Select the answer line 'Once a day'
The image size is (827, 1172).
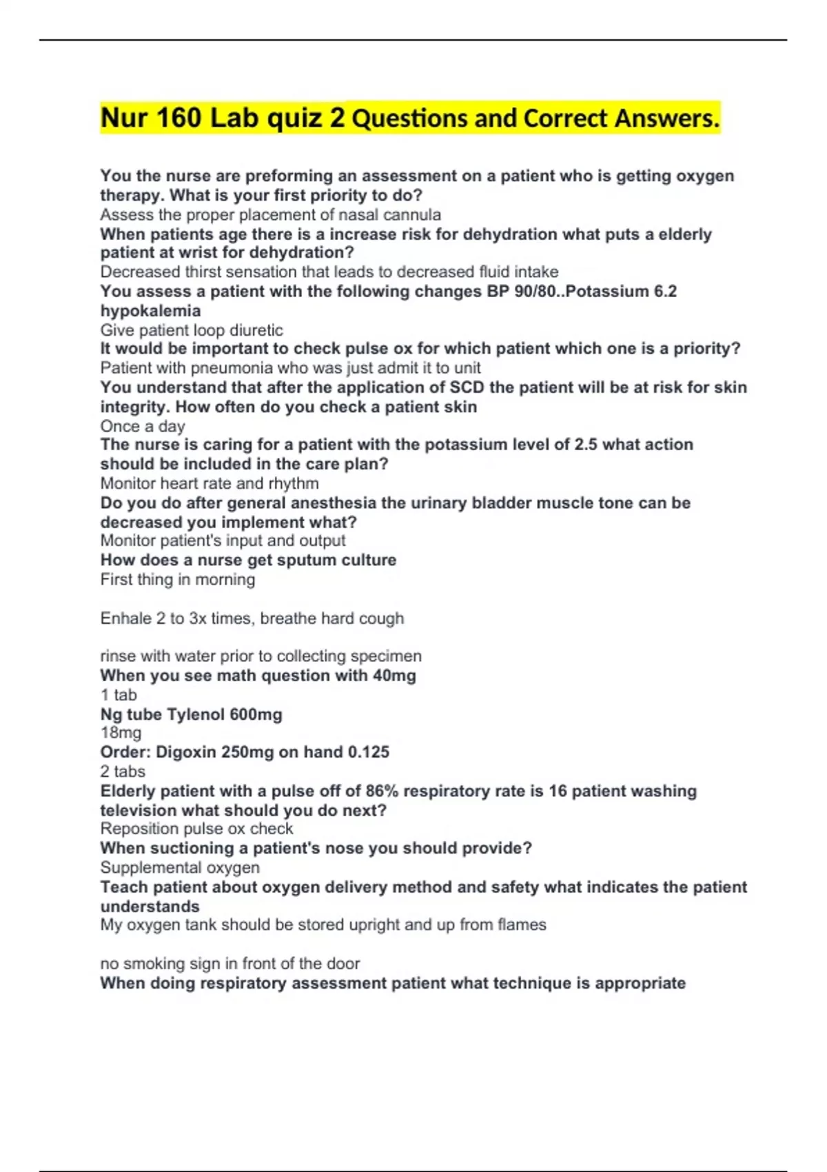143,426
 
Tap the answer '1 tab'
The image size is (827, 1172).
119,695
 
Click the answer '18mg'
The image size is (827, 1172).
121,733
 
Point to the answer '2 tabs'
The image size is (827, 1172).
123,771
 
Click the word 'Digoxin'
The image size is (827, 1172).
187,752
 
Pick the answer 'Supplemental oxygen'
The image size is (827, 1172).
180,867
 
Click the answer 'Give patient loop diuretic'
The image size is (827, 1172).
192,330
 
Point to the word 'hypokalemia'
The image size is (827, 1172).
150,311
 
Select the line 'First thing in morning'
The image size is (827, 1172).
178,580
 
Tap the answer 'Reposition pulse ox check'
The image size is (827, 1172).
196,829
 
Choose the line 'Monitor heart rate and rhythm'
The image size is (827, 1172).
210,483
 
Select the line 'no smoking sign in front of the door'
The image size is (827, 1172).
230,963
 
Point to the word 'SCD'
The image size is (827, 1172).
467,387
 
